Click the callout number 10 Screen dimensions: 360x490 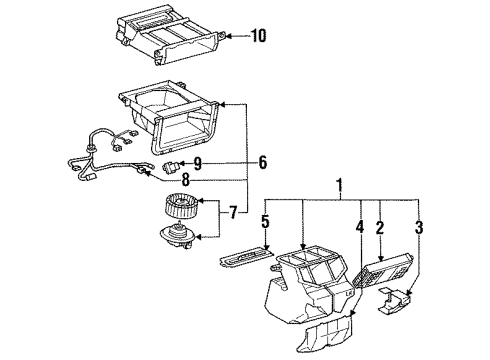(x=259, y=36)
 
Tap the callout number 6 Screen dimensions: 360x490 (x=263, y=160)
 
